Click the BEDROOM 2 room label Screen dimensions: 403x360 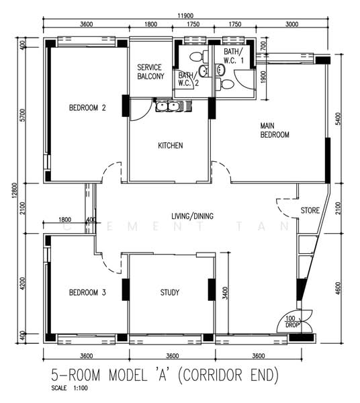click(x=88, y=107)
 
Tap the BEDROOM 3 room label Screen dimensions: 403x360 click(x=88, y=292)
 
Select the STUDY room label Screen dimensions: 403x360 click(x=171, y=292)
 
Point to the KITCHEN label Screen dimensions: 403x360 click(x=171, y=146)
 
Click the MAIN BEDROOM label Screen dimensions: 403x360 click(x=275, y=130)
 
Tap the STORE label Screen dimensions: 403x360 click(x=310, y=210)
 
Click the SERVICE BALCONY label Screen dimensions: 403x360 click(x=150, y=72)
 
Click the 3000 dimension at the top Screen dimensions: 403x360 click(x=292, y=25)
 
